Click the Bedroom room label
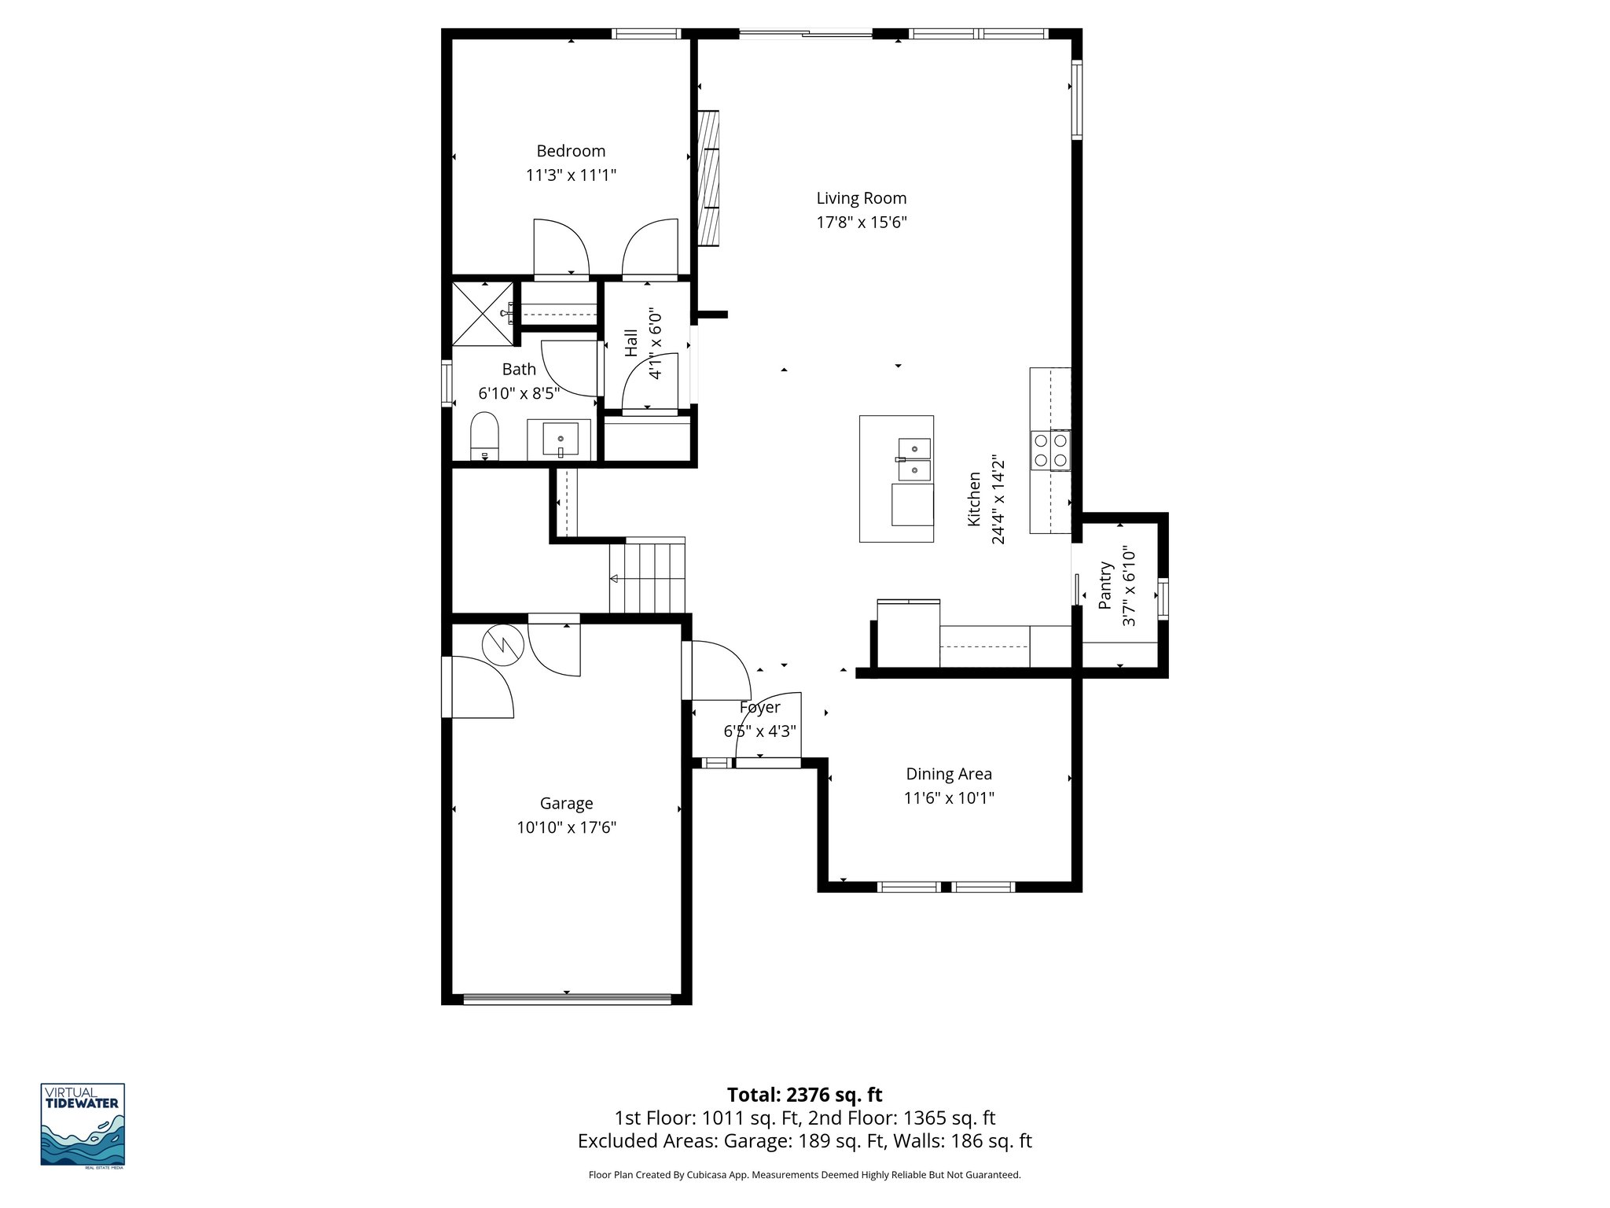571,151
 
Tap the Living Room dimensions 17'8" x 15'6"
862,223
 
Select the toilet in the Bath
484,436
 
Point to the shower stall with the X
481,314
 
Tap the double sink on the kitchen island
915,459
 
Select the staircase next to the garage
648,577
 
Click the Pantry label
1106,585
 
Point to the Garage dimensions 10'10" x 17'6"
566,827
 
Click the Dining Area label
949,774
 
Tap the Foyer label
759,708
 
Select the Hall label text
631,344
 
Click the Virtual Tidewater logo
83,1124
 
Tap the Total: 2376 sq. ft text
804,1095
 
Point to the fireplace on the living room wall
709,179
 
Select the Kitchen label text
974,499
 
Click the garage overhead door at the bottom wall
566,999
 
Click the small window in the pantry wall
1163,599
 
